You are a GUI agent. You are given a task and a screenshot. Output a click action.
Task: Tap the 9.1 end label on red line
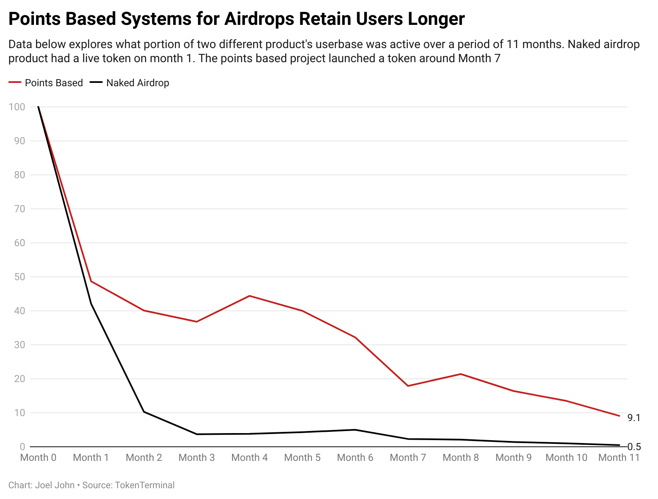(634, 418)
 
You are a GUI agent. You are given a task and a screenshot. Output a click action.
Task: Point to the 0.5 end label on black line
(634, 447)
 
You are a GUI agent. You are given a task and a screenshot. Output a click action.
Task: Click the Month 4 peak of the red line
(249, 296)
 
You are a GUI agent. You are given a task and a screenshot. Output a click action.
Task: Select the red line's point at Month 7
(408, 386)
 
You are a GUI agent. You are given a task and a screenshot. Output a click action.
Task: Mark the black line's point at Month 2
(144, 412)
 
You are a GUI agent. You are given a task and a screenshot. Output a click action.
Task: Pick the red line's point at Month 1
(91, 281)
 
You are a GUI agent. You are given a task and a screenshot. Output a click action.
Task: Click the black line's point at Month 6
(355, 430)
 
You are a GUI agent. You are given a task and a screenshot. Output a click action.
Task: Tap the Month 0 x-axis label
(38, 458)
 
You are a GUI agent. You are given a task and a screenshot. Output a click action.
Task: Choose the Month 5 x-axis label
(302, 458)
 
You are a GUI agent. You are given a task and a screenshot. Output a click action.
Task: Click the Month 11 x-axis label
(619, 458)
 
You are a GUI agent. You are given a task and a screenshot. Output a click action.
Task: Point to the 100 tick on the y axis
(17, 107)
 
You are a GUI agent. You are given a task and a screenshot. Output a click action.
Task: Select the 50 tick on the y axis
(19, 277)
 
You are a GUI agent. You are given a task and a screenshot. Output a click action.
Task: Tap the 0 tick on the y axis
(22, 447)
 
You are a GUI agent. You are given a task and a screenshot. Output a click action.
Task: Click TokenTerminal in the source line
(144, 485)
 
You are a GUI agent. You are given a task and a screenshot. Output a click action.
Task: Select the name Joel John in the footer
(55, 485)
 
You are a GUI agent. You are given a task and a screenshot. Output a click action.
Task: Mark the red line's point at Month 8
(461, 374)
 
